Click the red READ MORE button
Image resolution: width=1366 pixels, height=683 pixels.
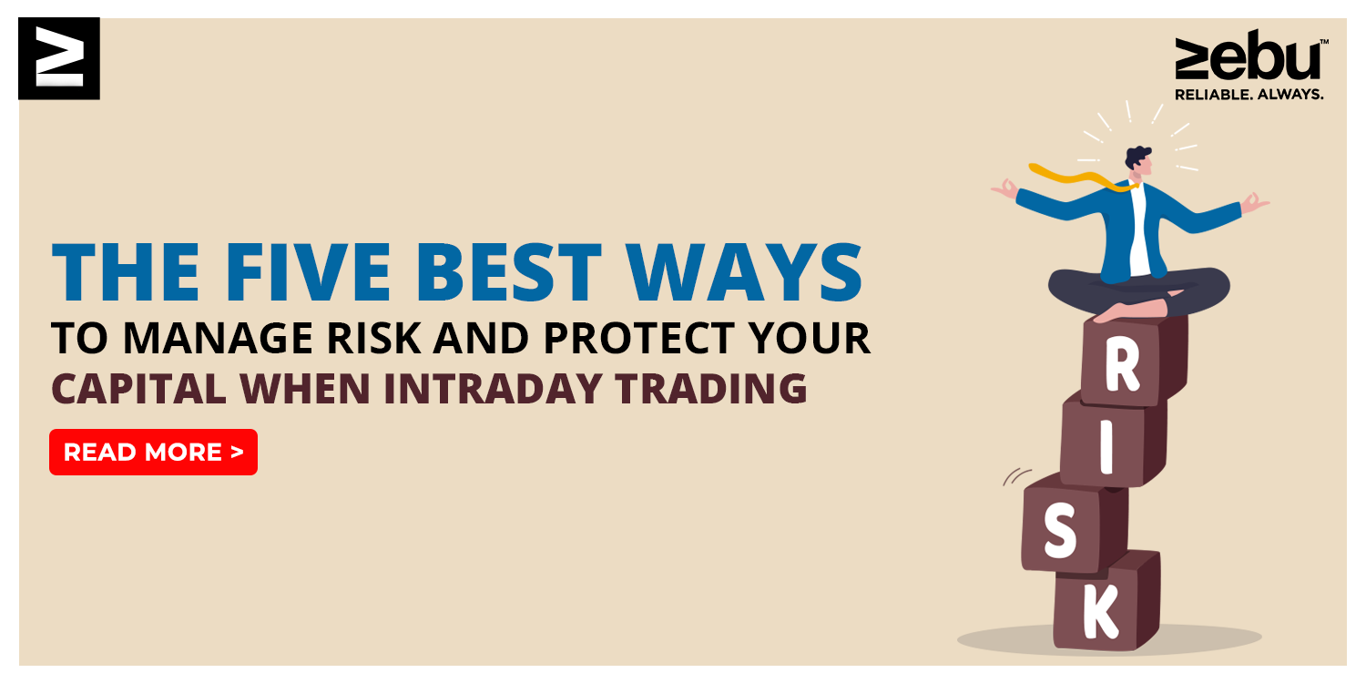pyautogui.click(x=153, y=452)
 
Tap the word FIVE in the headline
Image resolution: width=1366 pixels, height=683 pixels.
pyautogui.click(x=308, y=272)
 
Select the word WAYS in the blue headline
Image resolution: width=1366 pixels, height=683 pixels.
pyautogui.click(x=744, y=272)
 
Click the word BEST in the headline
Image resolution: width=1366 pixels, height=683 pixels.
pyautogui.click(x=508, y=272)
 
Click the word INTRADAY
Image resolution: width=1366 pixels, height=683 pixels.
pyautogui.click(x=493, y=389)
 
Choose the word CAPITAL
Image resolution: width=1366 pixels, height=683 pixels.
pyautogui.click(x=139, y=389)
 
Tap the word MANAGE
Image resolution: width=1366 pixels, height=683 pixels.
pyautogui.click(x=220, y=338)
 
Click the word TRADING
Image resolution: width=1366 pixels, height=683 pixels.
pyautogui.click(x=711, y=389)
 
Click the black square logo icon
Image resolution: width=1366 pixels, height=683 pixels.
pyautogui.click(x=59, y=58)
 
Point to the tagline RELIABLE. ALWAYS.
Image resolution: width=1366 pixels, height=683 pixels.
pyautogui.click(x=1249, y=95)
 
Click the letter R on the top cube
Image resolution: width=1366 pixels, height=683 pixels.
pyautogui.click(x=1123, y=365)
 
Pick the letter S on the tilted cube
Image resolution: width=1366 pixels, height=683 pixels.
pyautogui.click(x=1060, y=530)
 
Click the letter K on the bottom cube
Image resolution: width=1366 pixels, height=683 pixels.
pyautogui.click(x=1101, y=610)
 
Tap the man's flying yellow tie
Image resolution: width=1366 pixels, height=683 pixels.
pyautogui.click(x=1079, y=178)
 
